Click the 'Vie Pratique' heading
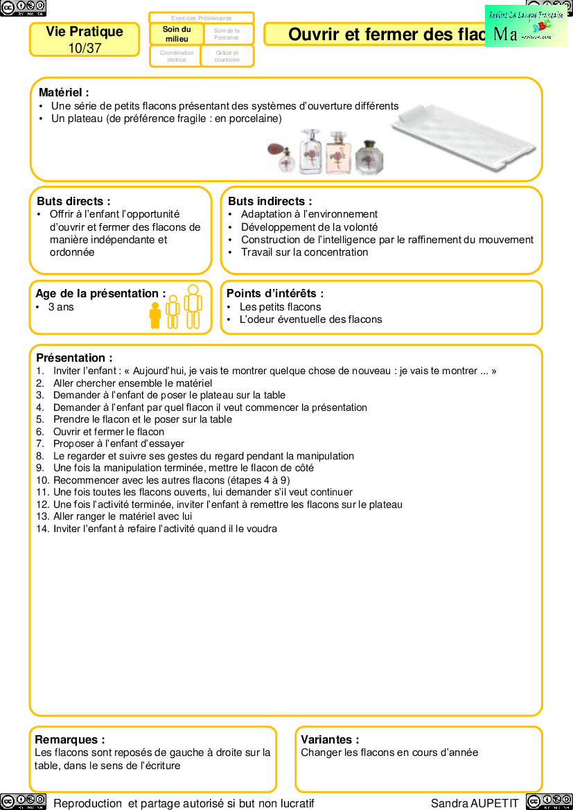pos(85,32)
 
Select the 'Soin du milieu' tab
pos(177,34)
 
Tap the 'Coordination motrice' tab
pos(176,56)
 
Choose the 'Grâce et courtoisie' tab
pos(227,56)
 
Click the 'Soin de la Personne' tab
pos(227,34)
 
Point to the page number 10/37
pos(85,48)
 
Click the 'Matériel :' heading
pos(64,92)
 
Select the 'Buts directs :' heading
pos(73,201)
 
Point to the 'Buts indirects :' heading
pos(270,201)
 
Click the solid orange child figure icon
pos(155,315)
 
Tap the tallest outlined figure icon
pos(193,306)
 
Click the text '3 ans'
pos(61,307)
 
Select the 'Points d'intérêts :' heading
pos(275,294)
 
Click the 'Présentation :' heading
pos(74,358)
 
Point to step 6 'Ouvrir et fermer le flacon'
pos(109,432)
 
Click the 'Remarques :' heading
pos(70,739)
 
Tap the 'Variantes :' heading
pos(330,739)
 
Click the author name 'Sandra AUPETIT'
pos(475,803)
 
